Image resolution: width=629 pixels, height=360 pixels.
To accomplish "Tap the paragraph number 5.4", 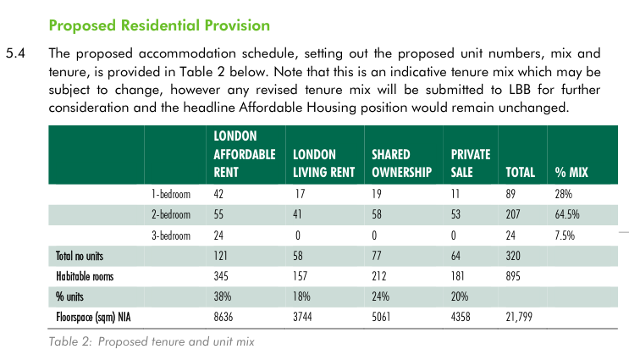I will (x=19, y=53).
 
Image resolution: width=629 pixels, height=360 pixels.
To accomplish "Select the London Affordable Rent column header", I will (x=245, y=154).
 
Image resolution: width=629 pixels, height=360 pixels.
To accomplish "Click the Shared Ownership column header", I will (x=402, y=163).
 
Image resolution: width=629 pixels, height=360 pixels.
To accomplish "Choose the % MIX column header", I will (x=571, y=173).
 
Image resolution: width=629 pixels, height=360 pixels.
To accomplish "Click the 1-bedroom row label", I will (x=172, y=195).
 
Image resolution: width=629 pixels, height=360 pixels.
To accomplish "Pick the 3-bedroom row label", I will (x=172, y=235).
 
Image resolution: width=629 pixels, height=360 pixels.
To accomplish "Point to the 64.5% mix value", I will (x=568, y=215).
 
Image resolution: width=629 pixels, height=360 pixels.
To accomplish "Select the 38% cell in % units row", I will (x=223, y=296).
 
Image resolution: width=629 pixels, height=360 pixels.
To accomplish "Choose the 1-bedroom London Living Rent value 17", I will (x=297, y=195).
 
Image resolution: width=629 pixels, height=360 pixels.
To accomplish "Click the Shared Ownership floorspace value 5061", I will (x=383, y=317).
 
